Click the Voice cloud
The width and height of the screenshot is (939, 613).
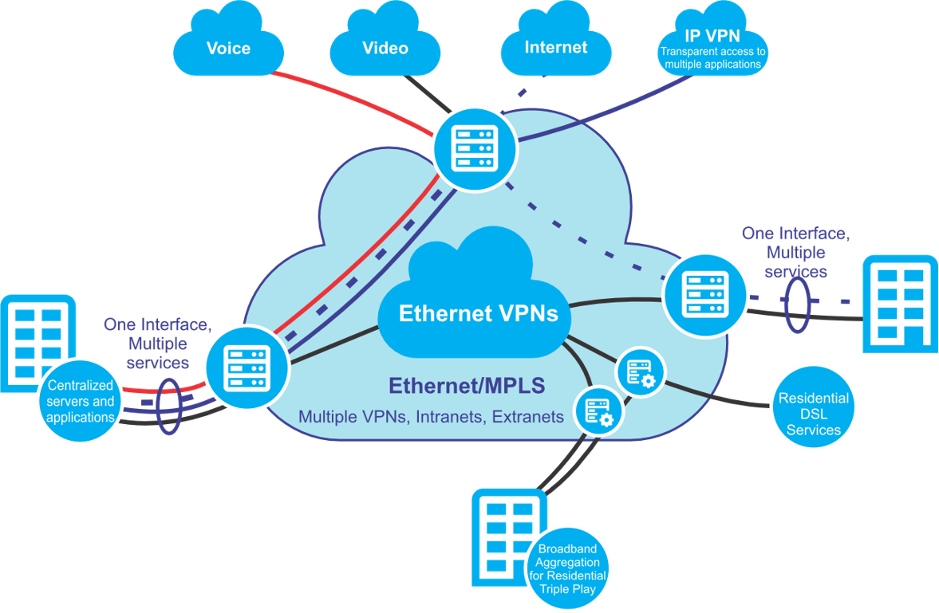[228, 47]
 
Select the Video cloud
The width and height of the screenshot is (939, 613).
[385, 47]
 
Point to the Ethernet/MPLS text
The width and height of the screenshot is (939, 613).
[467, 386]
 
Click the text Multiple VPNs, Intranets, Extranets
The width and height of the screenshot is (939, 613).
[431, 416]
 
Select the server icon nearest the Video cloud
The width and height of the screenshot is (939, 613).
[475, 147]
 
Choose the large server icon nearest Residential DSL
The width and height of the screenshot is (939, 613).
[705, 293]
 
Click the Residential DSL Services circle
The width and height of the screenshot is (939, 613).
[814, 413]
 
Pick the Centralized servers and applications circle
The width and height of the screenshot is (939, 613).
[81, 401]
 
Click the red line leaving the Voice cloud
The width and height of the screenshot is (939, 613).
[351, 97]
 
